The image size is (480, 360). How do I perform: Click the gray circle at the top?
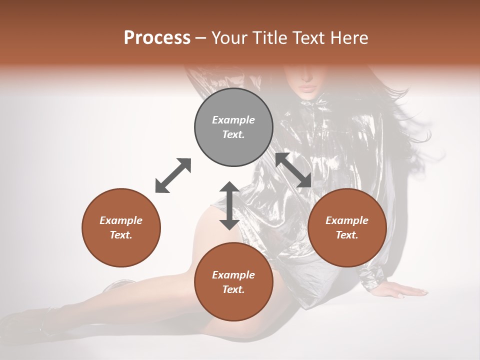click(233, 127)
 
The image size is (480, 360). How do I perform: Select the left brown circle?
click(121, 227)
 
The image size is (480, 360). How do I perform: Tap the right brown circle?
click(347, 227)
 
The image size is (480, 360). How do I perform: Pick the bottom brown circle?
click(233, 282)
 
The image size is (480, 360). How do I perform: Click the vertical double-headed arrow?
click(229, 205)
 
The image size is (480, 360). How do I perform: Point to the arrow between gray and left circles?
click(173, 175)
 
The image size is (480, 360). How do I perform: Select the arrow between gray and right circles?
click(293, 170)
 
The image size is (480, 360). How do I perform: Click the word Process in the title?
click(157, 37)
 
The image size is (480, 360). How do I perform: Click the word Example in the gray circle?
click(233, 120)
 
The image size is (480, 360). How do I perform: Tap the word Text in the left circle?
click(121, 235)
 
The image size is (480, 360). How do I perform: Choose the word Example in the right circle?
click(347, 220)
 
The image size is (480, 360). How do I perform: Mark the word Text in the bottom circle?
click(233, 289)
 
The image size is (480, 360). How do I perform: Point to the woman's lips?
click(307, 88)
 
